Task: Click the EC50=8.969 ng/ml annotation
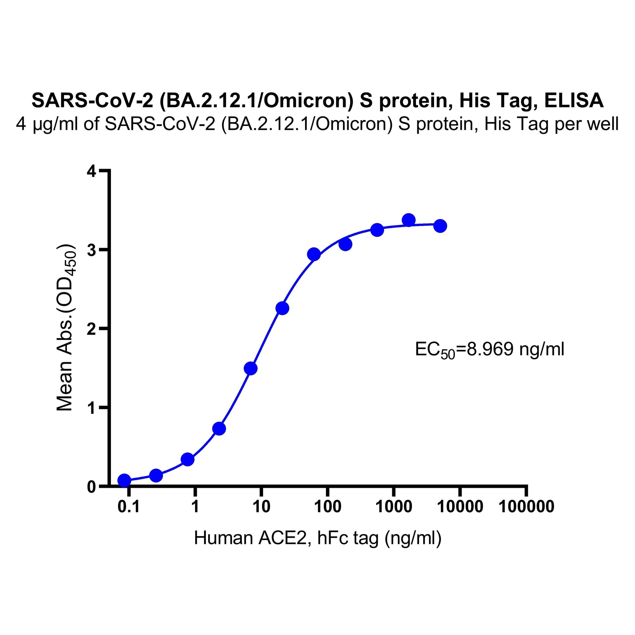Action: click(489, 350)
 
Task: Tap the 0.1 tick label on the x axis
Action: click(129, 506)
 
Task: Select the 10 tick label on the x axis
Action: click(261, 506)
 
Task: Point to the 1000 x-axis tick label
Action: click(394, 506)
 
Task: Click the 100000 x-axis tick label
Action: click(526, 506)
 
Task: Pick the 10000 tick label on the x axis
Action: click(460, 506)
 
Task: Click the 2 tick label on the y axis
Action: click(92, 328)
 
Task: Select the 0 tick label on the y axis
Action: click(92, 486)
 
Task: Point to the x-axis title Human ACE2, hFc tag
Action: click(317, 538)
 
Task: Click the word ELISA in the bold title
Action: click(574, 101)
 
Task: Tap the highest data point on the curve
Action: click(409, 220)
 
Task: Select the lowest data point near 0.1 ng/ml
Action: click(124, 481)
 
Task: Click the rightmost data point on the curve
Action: click(440, 226)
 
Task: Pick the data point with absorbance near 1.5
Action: click(251, 368)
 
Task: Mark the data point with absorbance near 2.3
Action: click(282, 308)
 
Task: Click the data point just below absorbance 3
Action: click(314, 254)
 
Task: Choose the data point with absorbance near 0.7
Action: click(219, 428)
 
